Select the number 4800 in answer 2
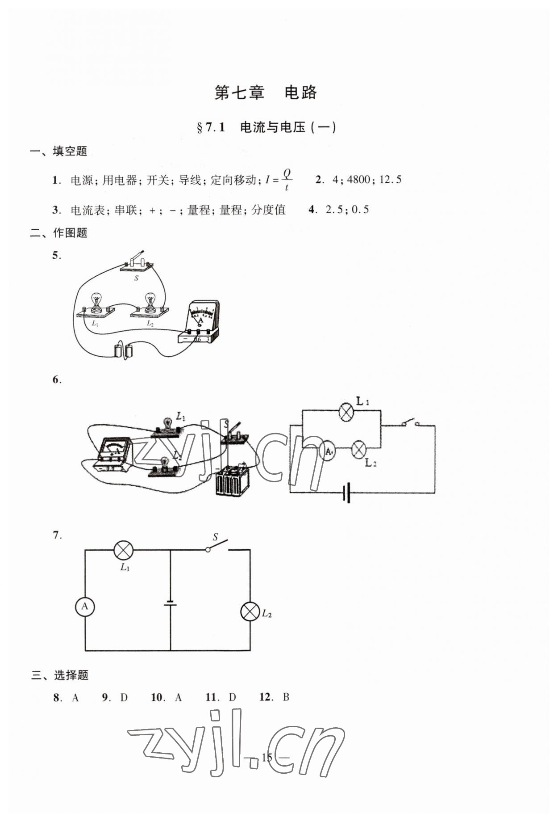click(358, 180)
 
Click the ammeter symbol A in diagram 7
click(85, 607)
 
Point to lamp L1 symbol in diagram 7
click(124, 550)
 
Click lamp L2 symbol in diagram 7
click(250, 611)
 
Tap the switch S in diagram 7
click(217, 546)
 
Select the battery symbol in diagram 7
click(170, 603)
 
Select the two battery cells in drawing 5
click(123, 351)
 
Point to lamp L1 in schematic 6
click(346, 412)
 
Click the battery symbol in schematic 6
click(347, 493)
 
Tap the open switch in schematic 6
click(410, 423)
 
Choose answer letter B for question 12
click(286, 697)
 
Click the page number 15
click(267, 757)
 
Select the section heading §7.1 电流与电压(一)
click(266, 127)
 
